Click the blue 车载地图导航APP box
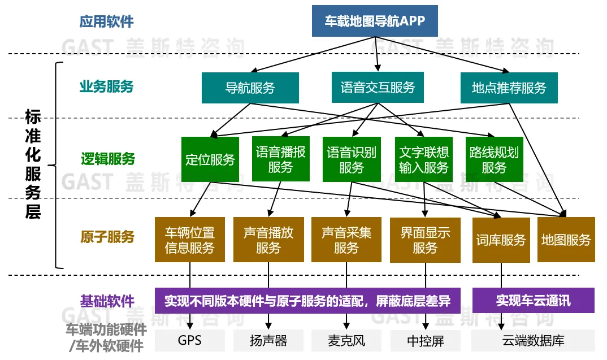point(375,21)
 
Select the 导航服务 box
point(250,88)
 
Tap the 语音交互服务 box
point(378,88)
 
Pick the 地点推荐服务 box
point(509,88)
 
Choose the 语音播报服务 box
point(281,159)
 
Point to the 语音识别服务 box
point(352,159)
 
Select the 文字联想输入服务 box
point(423,159)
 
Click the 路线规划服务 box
point(494,159)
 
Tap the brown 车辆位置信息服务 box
point(189,240)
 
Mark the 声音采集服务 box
point(346,240)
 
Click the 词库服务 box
point(501,240)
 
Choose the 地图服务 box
point(566,240)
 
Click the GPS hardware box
point(189,340)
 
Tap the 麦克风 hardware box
point(346,340)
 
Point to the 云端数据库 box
point(533,340)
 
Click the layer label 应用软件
point(106,21)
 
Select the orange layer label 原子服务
point(106,236)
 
